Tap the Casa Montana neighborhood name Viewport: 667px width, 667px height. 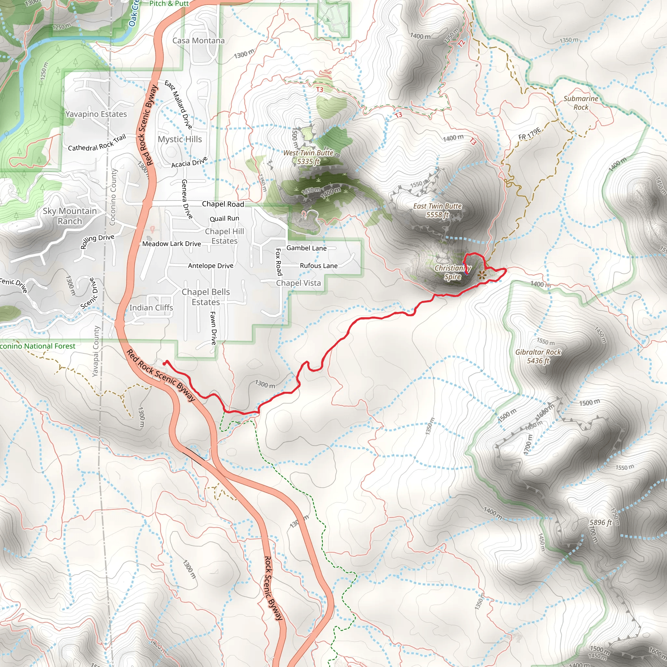(x=199, y=40)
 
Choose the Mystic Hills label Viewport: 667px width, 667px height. (x=179, y=139)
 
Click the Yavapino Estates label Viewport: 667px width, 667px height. (x=96, y=114)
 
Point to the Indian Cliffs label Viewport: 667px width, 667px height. (x=151, y=307)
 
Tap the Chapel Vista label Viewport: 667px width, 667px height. (x=298, y=283)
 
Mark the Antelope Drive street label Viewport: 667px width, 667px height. (x=211, y=265)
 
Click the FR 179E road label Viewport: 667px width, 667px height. (x=529, y=134)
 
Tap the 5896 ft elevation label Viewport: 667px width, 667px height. (x=600, y=522)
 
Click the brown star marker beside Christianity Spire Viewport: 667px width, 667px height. (x=482, y=275)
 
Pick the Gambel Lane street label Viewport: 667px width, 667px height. (x=306, y=248)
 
